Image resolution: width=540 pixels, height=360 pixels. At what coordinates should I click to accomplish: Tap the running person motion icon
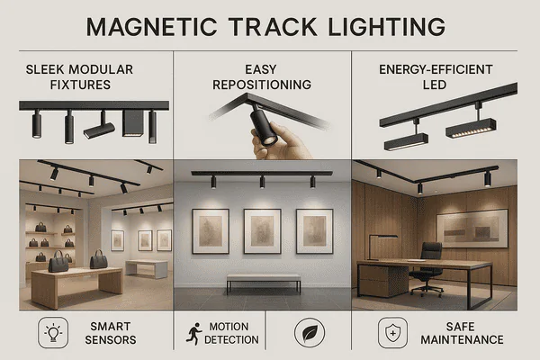tap(192, 333)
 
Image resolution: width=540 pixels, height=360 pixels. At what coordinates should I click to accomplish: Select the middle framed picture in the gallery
tap(263, 231)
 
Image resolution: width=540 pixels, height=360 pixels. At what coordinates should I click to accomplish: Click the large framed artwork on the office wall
tap(472, 229)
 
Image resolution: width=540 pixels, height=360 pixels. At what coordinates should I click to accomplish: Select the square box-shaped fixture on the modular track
tap(131, 123)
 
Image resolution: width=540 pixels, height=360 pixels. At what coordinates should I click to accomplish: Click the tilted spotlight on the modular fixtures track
tap(98, 130)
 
